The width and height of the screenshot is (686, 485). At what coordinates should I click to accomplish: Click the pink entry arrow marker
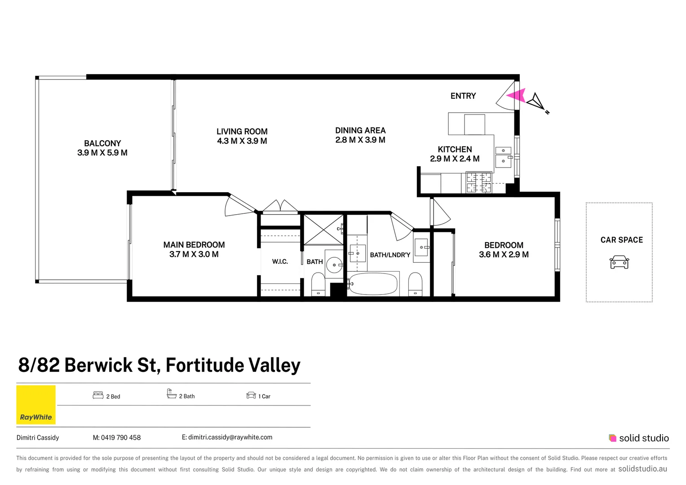click(x=517, y=95)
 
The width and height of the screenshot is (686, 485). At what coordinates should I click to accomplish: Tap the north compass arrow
click(x=536, y=102)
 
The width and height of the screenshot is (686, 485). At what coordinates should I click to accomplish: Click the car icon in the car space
click(x=619, y=262)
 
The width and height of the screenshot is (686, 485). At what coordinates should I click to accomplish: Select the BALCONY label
click(x=102, y=143)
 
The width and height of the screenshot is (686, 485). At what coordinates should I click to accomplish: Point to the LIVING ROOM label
click(x=242, y=132)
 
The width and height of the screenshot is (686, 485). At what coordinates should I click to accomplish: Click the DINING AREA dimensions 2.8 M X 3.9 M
click(x=360, y=140)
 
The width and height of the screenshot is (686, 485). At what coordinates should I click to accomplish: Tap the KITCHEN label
click(x=455, y=150)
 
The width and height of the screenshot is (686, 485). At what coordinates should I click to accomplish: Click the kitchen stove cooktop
click(x=478, y=182)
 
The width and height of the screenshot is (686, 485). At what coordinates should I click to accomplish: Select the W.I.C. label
click(x=280, y=261)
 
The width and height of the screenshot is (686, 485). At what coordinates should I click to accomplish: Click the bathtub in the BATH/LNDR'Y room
click(x=373, y=284)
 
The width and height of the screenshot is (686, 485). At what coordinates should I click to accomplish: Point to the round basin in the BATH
click(x=334, y=265)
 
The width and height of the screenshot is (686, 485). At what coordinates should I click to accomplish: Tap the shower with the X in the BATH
click(x=323, y=229)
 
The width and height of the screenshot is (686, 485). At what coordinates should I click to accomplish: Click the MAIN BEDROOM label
click(x=194, y=245)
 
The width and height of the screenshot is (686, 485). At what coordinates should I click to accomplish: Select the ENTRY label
click(x=463, y=96)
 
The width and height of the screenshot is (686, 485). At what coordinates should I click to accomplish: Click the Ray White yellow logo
click(x=36, y=405)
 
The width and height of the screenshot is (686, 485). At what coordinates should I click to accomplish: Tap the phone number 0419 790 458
click(x=120, y=437)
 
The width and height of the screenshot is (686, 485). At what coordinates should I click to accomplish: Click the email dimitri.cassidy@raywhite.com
click(x=230, y=437)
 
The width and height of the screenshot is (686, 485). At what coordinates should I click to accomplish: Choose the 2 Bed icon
click(x=98, y=395)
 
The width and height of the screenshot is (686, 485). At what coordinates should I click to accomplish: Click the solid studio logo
click(x=638, y=438)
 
